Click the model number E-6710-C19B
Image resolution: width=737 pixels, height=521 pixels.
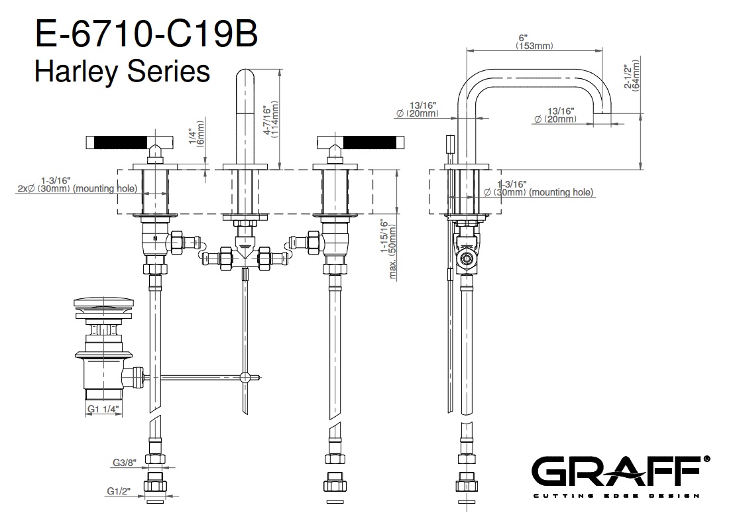point(145,34)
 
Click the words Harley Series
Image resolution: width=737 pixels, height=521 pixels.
point(122,71)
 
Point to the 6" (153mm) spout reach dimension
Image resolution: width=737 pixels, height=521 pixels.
point(534,42)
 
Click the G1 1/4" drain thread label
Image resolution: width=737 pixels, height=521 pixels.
point(103,410)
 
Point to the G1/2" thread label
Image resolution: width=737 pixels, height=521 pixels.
point(119,491)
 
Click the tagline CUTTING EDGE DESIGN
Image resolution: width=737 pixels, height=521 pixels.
point(616,496)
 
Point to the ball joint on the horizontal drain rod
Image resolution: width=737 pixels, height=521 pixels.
point(245,378)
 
